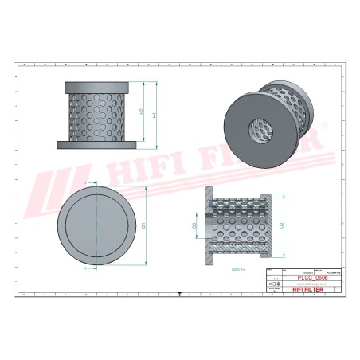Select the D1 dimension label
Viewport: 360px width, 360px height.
[144, 225]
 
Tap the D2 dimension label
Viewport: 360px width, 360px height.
[283, 226]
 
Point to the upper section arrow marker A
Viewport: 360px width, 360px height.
[96, 182]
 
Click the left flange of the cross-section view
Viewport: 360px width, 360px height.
[209, 225]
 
